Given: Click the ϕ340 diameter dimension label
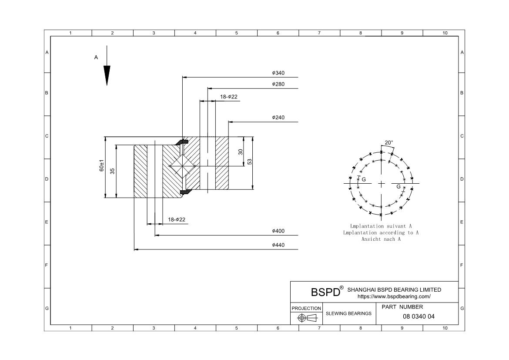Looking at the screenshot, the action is click(278, 73).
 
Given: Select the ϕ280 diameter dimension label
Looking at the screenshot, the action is click(278, 84).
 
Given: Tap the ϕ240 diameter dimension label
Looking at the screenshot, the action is click(278, 117).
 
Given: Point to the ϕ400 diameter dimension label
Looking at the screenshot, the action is click(278, 231).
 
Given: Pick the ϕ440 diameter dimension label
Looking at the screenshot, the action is click(278, 245).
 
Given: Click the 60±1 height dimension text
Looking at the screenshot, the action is click(102, 166).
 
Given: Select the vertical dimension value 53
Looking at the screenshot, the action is click(250, 161).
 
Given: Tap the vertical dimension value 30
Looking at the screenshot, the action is click(241, 152).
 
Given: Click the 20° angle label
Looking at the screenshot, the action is click(389, 143).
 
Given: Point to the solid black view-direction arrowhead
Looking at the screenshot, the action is click(107, 75).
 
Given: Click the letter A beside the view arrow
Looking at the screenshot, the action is click(96, 57).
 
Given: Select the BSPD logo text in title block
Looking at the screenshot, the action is click(325, 292).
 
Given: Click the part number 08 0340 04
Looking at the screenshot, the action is click(419, 316).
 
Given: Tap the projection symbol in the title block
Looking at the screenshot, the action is click(307, 318).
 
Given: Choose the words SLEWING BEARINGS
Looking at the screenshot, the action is click(348, 313).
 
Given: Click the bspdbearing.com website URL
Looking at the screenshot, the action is click(394, 296).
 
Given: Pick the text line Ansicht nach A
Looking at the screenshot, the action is click(381, 239).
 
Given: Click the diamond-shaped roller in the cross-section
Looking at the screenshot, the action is click(182, 166).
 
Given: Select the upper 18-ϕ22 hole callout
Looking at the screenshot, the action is click(229, 97).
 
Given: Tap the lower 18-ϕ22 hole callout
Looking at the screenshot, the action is click(177, 220).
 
